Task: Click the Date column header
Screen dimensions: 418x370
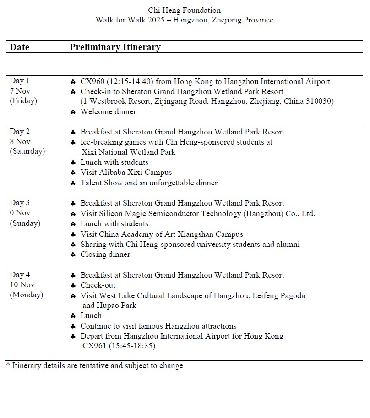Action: click(x=19, y=47)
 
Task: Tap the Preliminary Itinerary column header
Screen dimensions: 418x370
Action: click(x=115, y=47)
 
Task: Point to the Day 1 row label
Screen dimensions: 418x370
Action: click(x=19, y=81)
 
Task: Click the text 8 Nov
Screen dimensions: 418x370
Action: click(x=20, y=141)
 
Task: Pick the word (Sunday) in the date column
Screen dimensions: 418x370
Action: click(x=25, y=223)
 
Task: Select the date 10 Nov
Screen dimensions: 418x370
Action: click(x=22, y=285)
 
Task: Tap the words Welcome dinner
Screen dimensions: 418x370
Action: click(x=108, y=111)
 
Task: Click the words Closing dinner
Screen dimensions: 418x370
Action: click(x=105, y=254)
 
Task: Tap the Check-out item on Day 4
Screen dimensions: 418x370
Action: click(x=98, y=285)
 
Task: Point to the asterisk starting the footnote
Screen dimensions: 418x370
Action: click(x=8, y=365)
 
